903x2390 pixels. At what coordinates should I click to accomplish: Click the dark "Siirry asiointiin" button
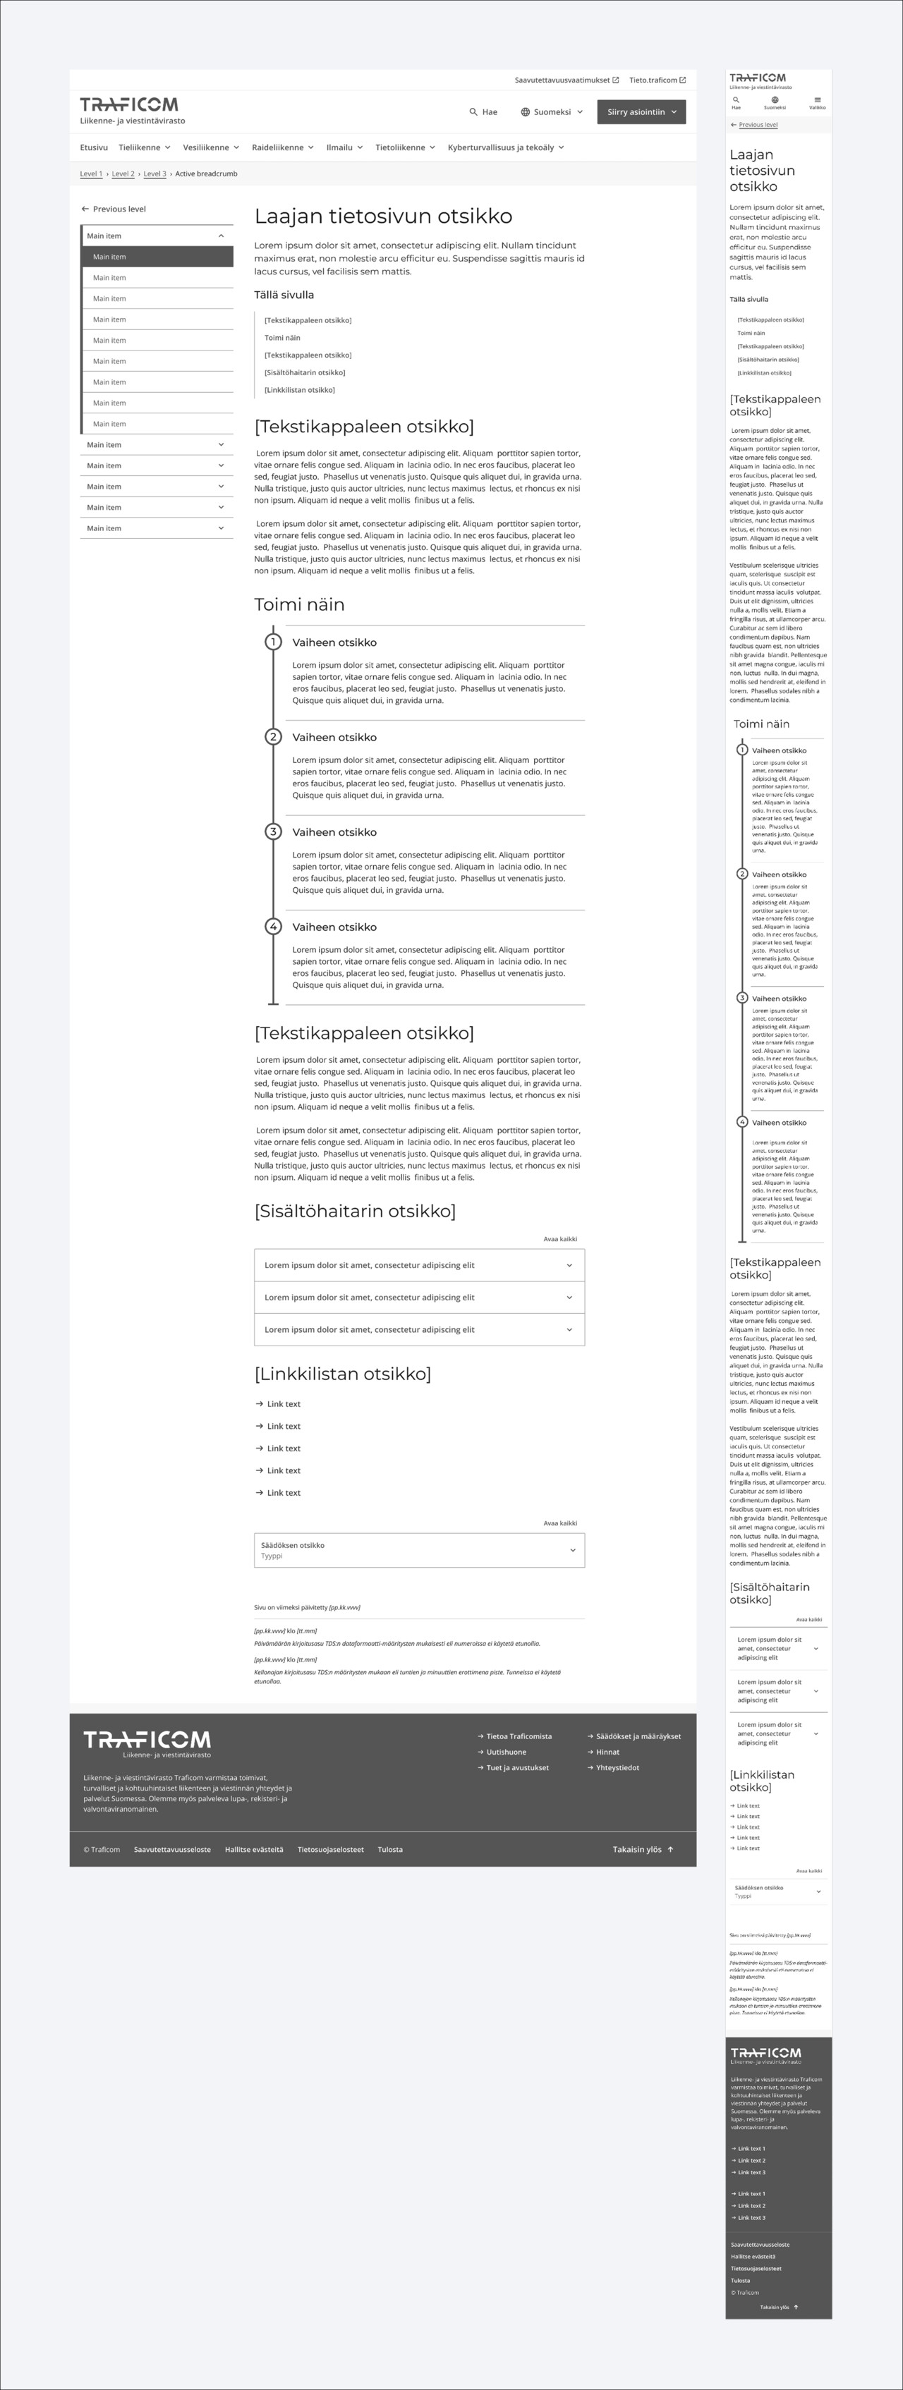641,112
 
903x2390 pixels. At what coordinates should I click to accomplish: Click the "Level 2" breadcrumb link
123,174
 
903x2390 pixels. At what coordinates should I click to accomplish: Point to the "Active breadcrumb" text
206,174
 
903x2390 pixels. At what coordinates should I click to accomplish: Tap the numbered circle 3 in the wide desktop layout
273,832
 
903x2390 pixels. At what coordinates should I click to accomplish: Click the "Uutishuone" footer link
506,1752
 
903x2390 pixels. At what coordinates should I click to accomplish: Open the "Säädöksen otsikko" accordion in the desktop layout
418,1550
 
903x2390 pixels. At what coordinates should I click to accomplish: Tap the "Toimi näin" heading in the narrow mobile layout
761,724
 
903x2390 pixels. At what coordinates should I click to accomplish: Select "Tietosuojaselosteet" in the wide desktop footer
330,1850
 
